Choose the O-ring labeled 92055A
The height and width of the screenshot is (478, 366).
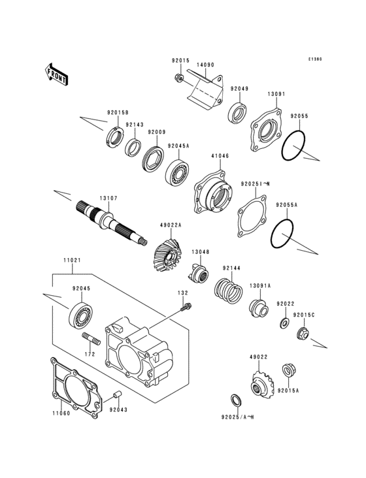pos(282,232)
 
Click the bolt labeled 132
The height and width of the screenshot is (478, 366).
pos(186,307)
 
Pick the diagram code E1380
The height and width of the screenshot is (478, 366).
pos(316,59)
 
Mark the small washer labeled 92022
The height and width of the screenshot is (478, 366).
pos(284,324)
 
